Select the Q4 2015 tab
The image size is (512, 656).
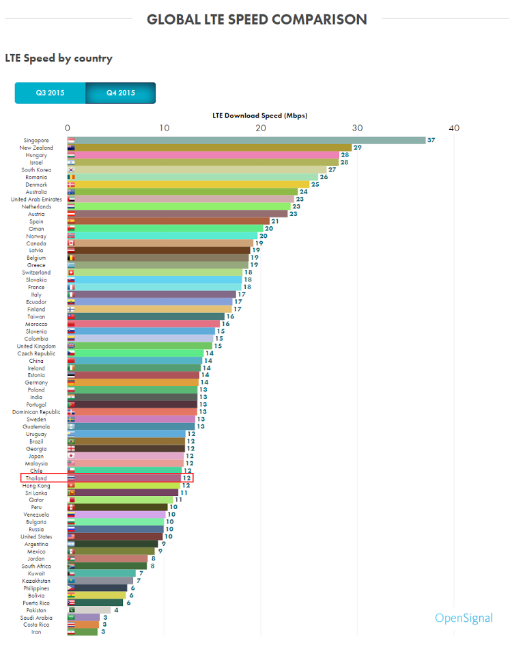121,93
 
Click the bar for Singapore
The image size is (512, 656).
246,140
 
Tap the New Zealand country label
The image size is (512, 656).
34,148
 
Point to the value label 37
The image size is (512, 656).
431,140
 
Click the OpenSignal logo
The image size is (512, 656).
464,618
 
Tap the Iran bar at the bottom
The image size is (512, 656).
82,632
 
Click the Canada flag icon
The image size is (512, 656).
71,243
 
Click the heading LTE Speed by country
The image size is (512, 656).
59,58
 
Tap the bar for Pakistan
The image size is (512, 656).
89,610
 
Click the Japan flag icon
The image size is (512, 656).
71,456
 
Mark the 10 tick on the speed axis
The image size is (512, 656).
164,128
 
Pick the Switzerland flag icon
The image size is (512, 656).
71,273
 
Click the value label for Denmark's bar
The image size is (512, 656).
315,184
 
